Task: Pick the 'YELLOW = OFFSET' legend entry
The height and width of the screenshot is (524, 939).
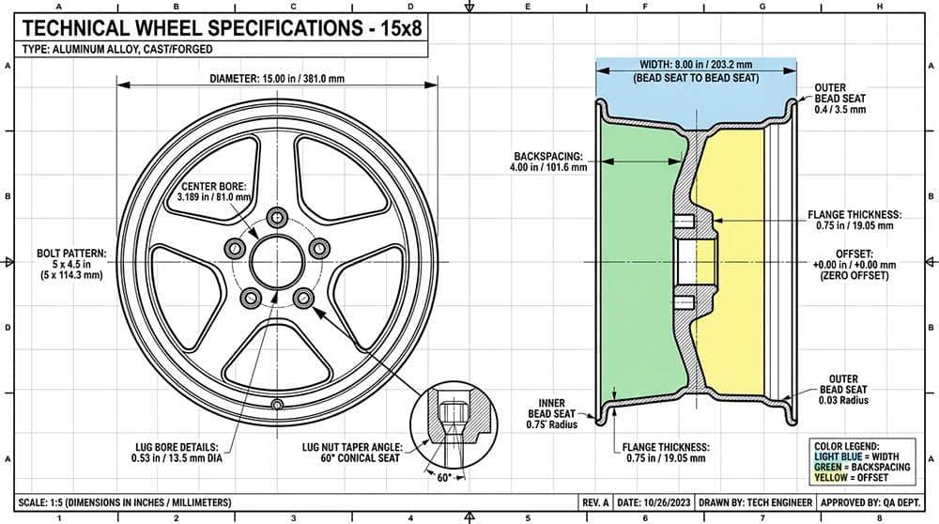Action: click(x=852, y=476)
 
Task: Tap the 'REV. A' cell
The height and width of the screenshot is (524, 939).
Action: click(x=596, y=502)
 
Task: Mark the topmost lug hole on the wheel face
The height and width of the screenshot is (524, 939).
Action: click(x=277, y=217)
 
